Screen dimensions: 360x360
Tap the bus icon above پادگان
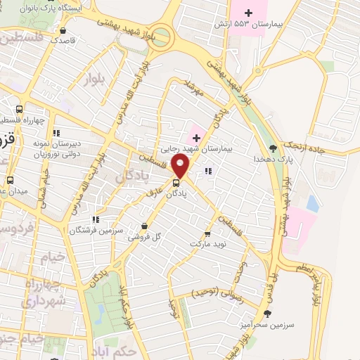tap(176, 185)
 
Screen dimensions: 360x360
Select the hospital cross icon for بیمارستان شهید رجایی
tap(195, 136)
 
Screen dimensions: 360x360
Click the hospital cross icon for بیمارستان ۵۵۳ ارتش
tap(247, 12)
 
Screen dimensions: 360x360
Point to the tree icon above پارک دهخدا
tap(273, 148)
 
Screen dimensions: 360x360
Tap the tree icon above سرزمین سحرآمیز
tap(266, 313)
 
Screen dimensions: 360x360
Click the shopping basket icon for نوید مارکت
tap(207, 234)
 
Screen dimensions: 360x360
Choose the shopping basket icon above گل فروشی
tap(144, 226)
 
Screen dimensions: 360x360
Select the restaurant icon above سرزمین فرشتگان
tap(96, 219)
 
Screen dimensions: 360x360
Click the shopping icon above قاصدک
tap(64, 30)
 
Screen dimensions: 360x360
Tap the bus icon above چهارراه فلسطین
tap(19, 109)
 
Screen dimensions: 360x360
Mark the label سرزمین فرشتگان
tap(96, 230)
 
